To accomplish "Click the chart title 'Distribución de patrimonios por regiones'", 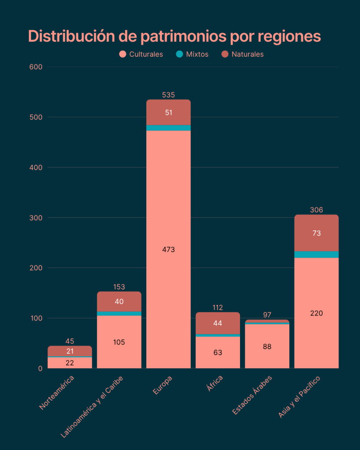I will (x=175, y=36).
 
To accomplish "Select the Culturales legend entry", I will (x=141, y=54).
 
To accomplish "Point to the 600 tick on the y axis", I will (x=36, y=67).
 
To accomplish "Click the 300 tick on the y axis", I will (x=36, y=218).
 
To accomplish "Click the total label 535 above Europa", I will (x=168, y=94).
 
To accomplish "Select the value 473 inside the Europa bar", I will (x=168, y=249).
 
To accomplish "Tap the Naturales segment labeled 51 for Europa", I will (x=168, y=112).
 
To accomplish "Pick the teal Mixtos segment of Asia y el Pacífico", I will (x=316, y=254).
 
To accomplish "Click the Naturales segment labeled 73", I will (x=316, y=233).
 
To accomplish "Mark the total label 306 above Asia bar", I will (x=316, y=210).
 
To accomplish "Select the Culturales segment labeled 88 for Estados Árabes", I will (x=267, y=346).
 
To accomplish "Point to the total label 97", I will (x=267, y=315).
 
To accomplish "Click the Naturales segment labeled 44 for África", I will (x=218, y=323).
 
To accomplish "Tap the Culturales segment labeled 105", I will (x=119, y=342).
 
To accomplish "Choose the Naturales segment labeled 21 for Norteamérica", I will (x=70, y=351).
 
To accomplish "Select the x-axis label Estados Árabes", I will (x=253, y=395).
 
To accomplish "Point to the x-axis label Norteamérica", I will (x=57, y=392).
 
